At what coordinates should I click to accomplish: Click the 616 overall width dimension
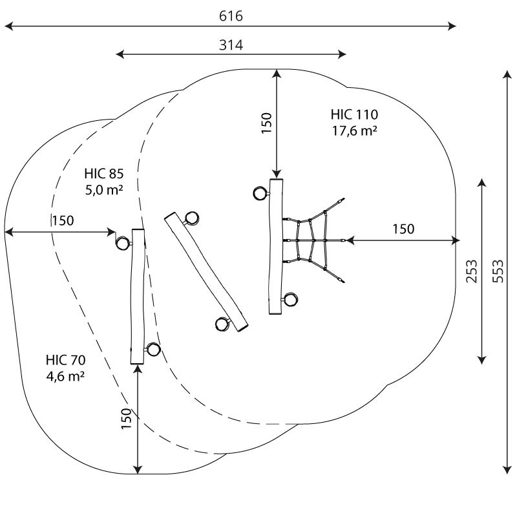click(231, 16)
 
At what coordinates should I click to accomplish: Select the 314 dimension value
click(231, 45)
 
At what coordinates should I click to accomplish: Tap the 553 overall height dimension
click(498, 271)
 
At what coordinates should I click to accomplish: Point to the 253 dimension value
click(472, 271)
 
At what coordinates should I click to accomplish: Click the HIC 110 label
click(354, 114)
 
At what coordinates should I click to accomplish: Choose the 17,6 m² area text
click(354, 131)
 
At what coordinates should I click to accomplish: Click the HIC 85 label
click(104, 173)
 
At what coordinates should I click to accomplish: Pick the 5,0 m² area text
click(104, 189)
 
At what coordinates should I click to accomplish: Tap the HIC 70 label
click(66, 360)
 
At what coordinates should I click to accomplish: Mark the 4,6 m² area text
click(65, 376)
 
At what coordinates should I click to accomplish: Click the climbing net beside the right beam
click(314, 240)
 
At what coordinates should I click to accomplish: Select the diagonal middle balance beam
click(206, 272)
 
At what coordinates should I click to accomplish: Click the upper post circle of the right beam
click(260, 193)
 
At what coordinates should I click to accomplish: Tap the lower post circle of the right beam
click(291, 300)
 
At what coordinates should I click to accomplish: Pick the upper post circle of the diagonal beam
click(191, 218)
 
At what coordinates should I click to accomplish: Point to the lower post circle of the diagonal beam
click(222, 324)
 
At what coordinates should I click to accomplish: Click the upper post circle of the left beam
click(122, 244)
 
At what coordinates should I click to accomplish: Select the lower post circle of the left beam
click(153, 349)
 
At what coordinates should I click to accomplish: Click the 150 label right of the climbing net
click(403, 229)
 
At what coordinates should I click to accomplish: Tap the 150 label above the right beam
click(266, 123)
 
